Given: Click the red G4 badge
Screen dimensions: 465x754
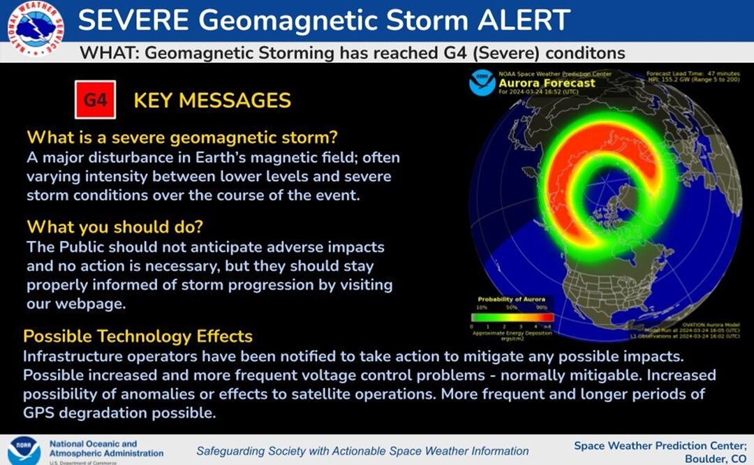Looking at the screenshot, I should (x=95, y=100).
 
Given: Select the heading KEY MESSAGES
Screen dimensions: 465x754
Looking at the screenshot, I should (x=212, y=101).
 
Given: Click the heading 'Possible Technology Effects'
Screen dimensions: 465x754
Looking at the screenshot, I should (x=138, y=337).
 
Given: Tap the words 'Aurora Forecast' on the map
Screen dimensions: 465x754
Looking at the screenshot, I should (x=547, y=83).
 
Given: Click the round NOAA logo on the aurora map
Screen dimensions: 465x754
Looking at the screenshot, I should (x=482, y=82).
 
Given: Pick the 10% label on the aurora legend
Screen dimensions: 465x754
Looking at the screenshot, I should (x=481, y=307).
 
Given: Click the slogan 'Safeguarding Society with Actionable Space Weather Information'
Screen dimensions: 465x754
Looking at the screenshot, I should (x=362, y=451).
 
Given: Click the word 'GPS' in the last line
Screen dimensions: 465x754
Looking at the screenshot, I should (x=40, y=413).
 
